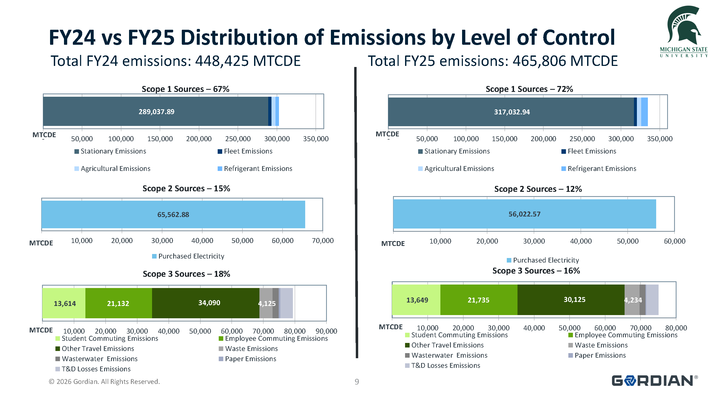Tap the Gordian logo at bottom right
pos(654,381)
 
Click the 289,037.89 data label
pos(156,112)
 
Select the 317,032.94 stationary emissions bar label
pos(512,112)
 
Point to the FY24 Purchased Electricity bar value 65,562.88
pos(173,214)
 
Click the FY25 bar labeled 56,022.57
pos(524,214)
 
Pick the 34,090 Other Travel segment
pos(209,303)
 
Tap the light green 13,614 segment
pos(65,304)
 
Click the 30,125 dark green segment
pos(574,300)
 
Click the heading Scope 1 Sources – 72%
pos(529,89)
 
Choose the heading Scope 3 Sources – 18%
pos(186,274)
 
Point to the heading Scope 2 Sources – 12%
pos(538,189)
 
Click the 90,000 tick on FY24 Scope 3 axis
pos(326,331)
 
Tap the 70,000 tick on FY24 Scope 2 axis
pos(322,241)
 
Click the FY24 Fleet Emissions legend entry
pos(248,151)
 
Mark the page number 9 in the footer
pos(356,382)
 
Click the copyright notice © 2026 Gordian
pos(104,382)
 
